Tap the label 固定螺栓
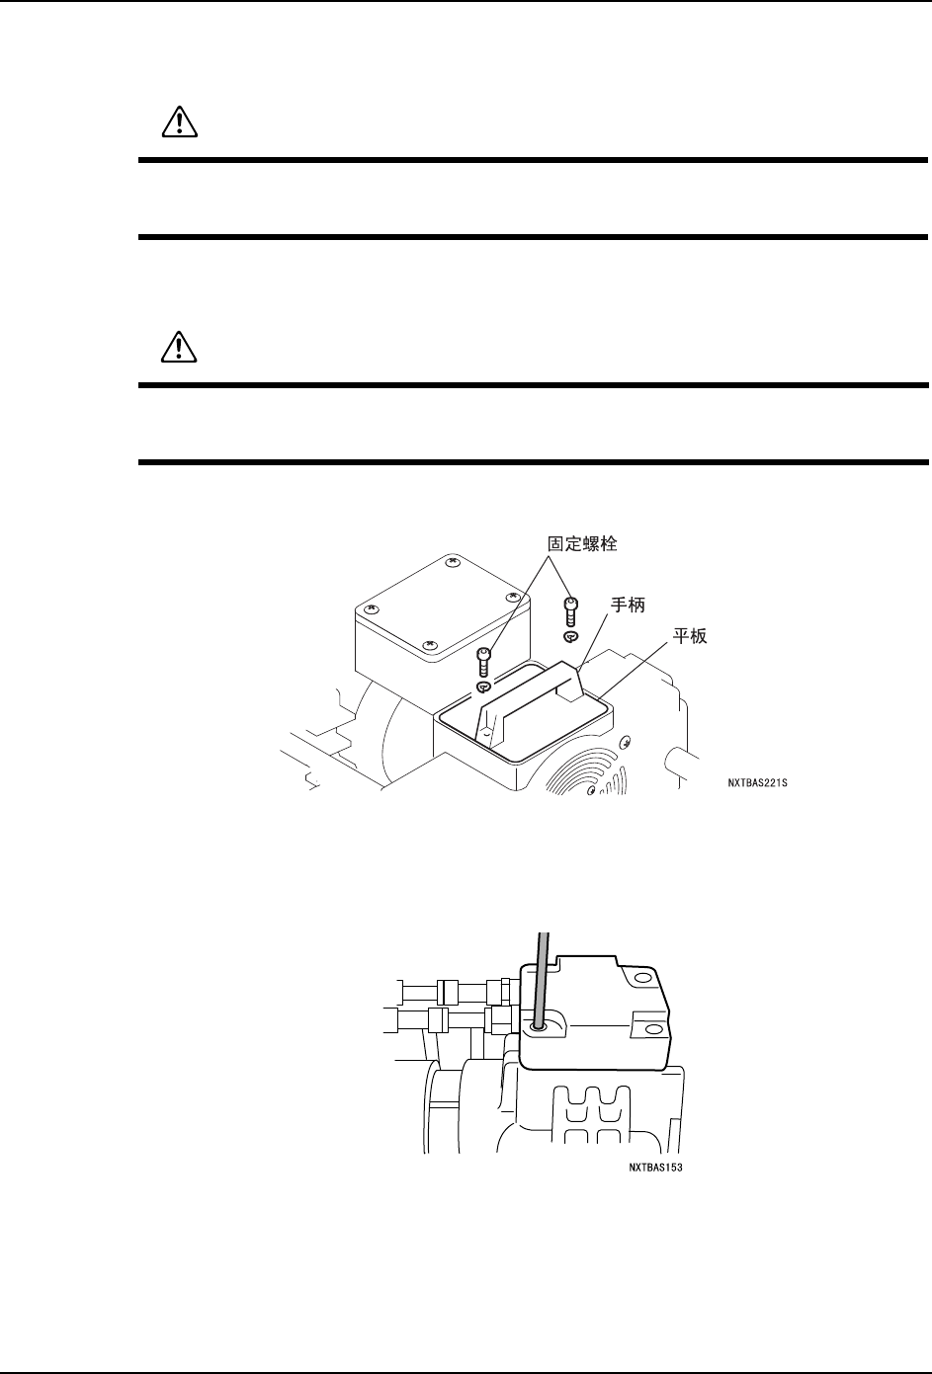pos(583,543)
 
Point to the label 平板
pos(690,637)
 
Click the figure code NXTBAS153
pos(655,1167)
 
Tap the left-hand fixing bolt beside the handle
pos(484,661)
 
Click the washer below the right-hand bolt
pos(570,636)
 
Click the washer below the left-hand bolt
pos(483,687)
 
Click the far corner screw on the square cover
pos(453,561)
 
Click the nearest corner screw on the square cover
pos(428,647)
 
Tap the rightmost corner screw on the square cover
pos(512,598)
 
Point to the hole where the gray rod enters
pos(538,1027)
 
